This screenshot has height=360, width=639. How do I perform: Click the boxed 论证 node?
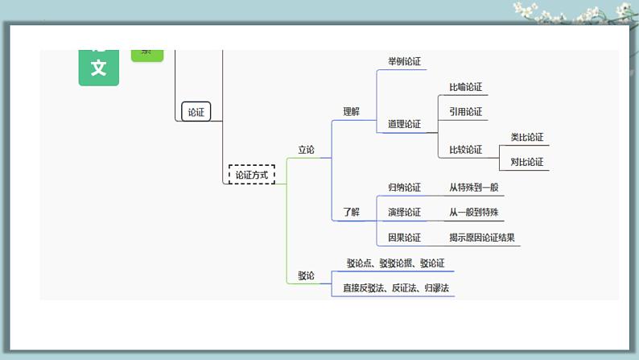tap(196, 112)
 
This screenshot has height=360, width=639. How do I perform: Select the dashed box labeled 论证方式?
tap(251, 175)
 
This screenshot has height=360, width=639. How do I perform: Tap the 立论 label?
tap(306, 150)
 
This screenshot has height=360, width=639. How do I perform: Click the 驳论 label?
tap(306, 275)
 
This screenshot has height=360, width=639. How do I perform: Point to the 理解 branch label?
tap(352, 112)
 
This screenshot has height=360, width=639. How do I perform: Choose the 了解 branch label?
tap(352, 213)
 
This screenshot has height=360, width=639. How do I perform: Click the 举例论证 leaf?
tap(404, 61)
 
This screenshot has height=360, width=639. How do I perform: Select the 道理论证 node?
tap(404, 124)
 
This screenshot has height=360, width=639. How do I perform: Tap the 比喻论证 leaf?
tap(465, 87)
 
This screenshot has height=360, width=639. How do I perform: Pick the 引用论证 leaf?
tap(465, 112)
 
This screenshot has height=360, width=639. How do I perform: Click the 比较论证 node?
tap(465, 150)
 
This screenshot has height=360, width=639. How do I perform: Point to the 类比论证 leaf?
tap(527, 137)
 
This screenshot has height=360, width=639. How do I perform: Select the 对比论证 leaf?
tap(527, 162)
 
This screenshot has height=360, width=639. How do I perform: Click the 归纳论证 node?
tap(404, 188)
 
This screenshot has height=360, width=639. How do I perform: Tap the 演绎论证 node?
tap(404, 213)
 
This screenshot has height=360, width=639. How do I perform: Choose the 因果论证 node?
tap(404, 238)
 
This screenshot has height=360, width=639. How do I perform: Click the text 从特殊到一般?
tap(474, 188)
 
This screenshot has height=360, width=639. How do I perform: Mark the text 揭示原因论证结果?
tap(482, 238)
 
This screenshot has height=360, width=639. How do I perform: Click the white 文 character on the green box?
tap(98, 68)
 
